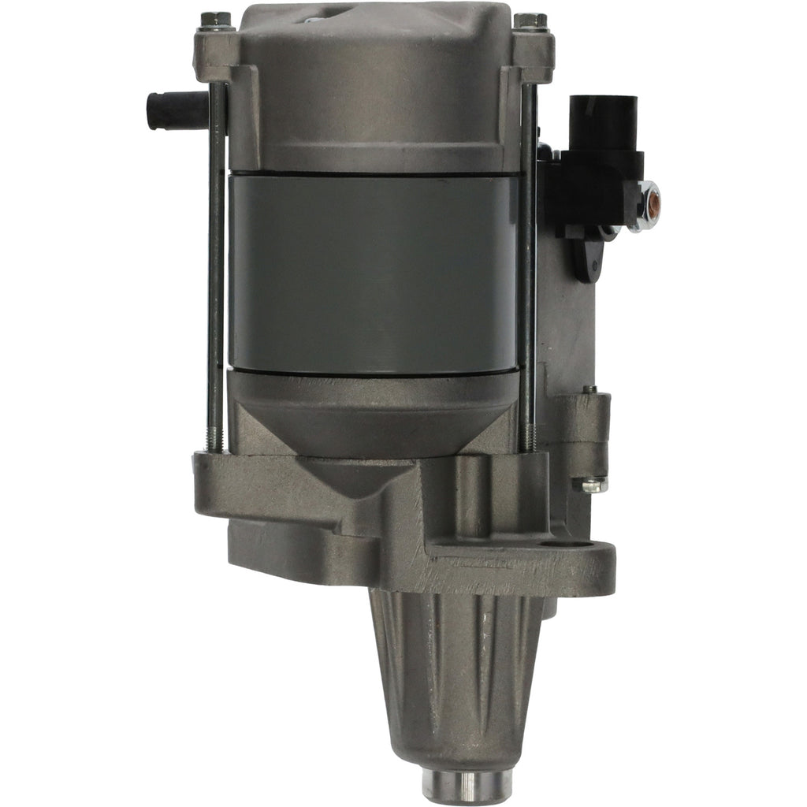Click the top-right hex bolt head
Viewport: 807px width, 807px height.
click(530, 21)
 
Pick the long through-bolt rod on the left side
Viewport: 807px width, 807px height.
click(215, 268)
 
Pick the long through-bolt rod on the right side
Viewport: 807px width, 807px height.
click(527, 268)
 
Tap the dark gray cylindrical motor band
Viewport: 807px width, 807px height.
click(372, 272)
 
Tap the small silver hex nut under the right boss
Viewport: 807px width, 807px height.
click(594, 485)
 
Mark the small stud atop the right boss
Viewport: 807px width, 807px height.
click(589, 389)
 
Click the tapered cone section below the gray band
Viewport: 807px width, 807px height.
click(372, 410)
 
